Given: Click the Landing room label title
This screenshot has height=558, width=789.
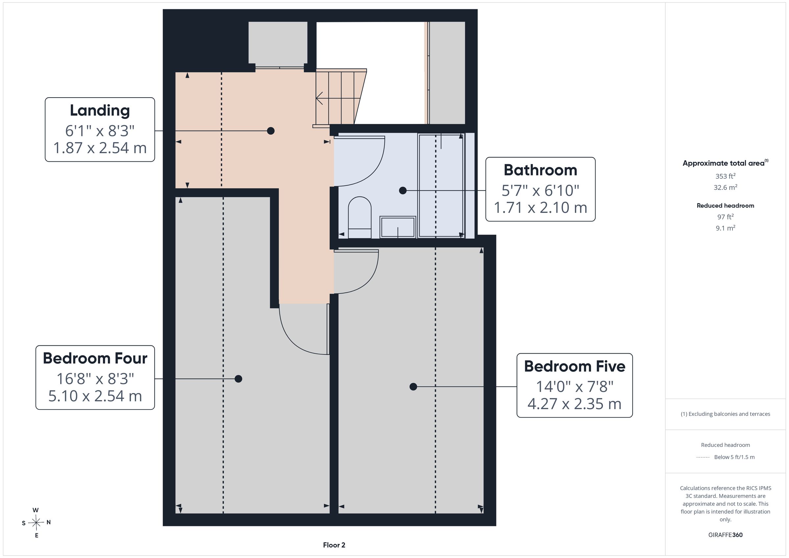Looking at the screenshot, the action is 100,111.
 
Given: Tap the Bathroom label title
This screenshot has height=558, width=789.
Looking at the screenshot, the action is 540,170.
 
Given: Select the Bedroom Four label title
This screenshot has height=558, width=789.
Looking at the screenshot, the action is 95,359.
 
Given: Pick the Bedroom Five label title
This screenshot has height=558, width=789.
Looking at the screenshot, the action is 575,366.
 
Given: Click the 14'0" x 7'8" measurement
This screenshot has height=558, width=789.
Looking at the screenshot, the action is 575,386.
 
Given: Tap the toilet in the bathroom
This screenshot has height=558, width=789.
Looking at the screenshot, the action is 359,217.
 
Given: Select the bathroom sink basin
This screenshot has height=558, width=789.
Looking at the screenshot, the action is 397,227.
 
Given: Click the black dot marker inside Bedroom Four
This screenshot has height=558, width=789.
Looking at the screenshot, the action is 238,379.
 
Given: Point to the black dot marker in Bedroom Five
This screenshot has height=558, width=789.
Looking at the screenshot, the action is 413,387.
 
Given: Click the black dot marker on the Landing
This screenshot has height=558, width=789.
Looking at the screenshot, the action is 271,131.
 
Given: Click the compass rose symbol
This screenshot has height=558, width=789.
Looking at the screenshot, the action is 36,523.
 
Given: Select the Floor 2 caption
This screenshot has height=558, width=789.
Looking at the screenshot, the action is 334,545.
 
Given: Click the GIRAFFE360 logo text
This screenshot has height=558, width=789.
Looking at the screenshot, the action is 726,535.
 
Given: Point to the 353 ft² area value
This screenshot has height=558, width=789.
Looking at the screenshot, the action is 726,176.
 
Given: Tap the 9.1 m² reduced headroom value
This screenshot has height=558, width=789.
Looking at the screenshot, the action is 726,228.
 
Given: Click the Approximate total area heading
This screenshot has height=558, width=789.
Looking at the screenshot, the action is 725,163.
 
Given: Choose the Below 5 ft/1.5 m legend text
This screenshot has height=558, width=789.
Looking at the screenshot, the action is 734,457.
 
